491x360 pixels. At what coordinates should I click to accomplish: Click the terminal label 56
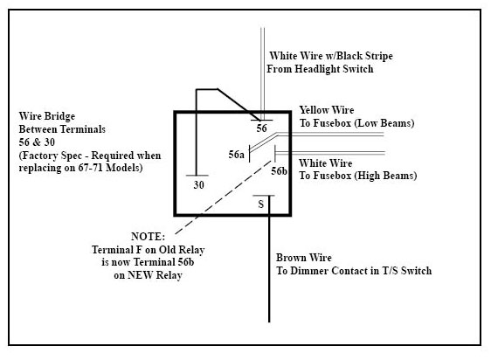click(x=261, y=128)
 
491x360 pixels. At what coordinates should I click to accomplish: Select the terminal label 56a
click(x=236, y=155)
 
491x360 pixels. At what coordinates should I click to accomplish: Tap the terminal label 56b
click(x=279, y=170)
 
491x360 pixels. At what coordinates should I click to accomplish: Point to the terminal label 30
click(x=199, y=185)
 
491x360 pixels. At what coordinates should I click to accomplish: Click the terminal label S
click(x=261, y=204)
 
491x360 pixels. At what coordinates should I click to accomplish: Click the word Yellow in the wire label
click(x=314, y=110)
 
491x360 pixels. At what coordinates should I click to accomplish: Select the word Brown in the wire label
click(x=291, y=258)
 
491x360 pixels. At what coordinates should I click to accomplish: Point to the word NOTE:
click(x=148, y=236)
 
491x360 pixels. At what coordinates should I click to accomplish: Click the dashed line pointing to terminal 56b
click(x=224, y=197)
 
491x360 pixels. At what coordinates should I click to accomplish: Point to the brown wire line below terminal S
click(x=269, y=259)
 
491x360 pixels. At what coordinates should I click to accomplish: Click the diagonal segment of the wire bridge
click(x=239, y=105)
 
